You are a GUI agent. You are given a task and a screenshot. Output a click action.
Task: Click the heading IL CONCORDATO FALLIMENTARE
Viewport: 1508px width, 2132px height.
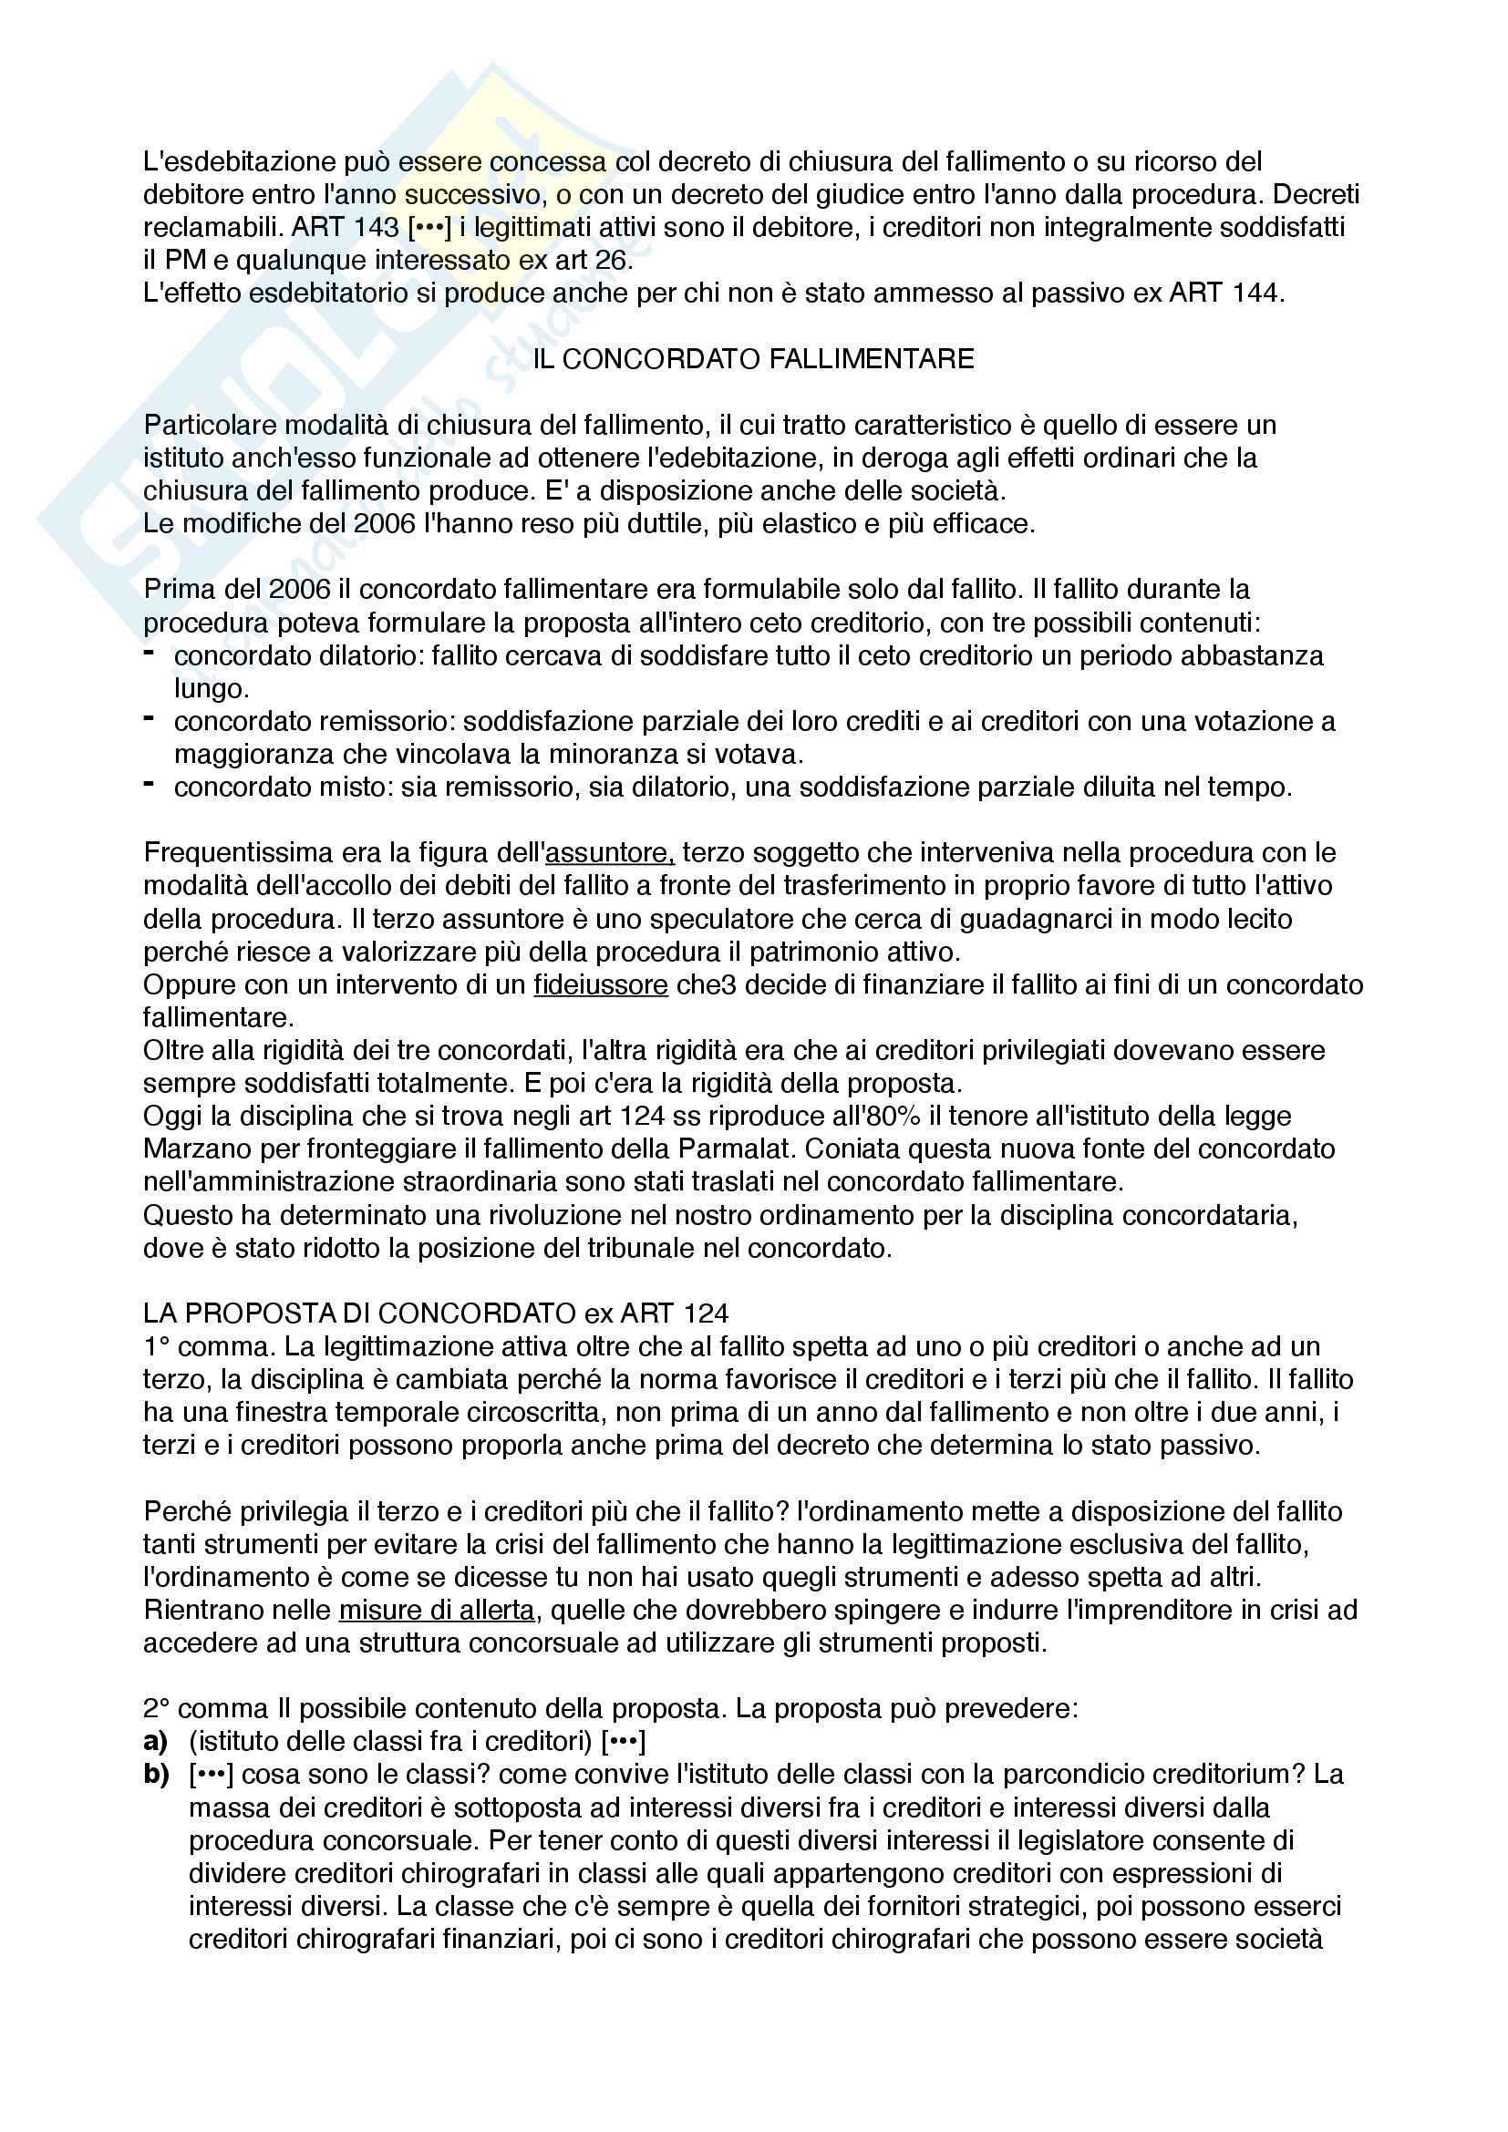(x=753, y=359)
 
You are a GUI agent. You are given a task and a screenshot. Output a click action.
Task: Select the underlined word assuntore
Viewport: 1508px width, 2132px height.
(x=609, y=852)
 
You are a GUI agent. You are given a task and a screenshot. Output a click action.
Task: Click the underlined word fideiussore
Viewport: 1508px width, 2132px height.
(x=600, y=984)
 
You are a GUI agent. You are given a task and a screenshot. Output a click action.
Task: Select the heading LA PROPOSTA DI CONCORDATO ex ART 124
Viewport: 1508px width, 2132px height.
(x=436, y=1313)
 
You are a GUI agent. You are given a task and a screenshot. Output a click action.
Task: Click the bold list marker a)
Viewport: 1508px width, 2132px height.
(x=155, y=1740)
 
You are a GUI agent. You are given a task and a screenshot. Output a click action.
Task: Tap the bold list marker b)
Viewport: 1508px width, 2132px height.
(x=156, y=1774)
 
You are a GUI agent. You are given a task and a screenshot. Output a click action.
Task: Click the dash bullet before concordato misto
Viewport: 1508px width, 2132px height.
(x=149, y=786)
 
